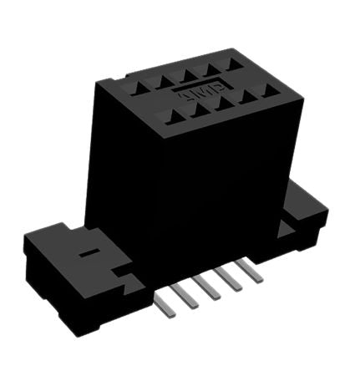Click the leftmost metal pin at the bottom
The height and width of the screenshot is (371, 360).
(170, 302)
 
